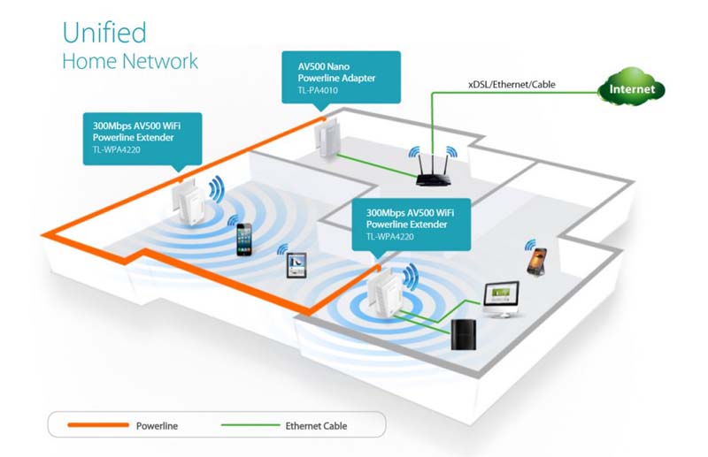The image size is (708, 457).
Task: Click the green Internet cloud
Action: (x=631, y=88)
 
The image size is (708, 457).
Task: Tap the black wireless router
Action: (x=433, y=171)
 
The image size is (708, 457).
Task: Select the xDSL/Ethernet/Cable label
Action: (x=512, y=84)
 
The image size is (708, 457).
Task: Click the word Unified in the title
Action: (x=104, y=33)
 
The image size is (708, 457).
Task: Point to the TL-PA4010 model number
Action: (x=318, y=90)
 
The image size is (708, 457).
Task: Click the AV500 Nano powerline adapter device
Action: (x=327, y=138)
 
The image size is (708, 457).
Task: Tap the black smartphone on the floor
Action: (x=244, y=239)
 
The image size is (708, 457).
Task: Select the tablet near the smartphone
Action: (x=296, y=265)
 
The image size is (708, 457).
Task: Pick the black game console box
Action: (x=463, y=335)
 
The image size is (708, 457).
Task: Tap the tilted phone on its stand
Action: (x=537, y=261)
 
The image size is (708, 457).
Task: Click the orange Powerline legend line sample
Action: (x=98, y=425)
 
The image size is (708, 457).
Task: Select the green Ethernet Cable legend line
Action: (x=250, y=425)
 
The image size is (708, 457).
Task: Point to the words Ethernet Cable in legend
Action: (x=316, y=426)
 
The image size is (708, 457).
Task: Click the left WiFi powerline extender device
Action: (x=189, y=202)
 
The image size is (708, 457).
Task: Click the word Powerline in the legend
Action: (x=157, y=426)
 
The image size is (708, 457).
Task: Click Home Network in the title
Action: (x=130, y=61)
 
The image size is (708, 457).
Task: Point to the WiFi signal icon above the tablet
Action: (x=283, y=249)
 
